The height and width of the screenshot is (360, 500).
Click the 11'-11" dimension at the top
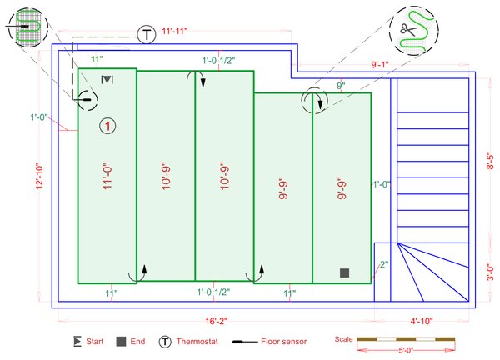[174, 31]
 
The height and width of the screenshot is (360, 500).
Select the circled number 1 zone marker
[107, 126]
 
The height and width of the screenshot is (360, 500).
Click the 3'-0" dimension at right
[490, 272]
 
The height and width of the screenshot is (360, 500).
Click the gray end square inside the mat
[344, 272]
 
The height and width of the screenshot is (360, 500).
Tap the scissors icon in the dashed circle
[408, 28]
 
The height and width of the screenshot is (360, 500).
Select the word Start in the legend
[94, 342]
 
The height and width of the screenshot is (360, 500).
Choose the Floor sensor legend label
[284, 342]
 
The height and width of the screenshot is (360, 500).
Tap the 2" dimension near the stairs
[383, 265]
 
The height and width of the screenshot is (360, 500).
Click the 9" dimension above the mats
[341, 86]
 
